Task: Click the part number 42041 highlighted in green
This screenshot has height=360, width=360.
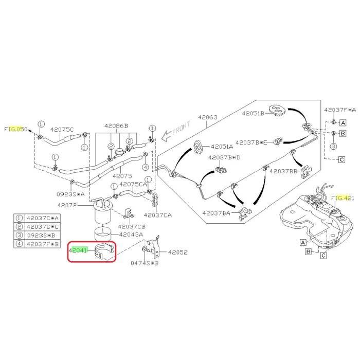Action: [x=79, y=250]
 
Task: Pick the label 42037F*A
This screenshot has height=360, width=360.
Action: [x=340, y=110]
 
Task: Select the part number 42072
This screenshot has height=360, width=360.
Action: [x=67, y=205]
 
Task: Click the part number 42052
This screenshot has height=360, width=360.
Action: [x=178, y=253]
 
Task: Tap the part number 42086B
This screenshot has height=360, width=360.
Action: [x=116, y=126]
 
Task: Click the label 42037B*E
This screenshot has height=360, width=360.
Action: [x=251, y=142]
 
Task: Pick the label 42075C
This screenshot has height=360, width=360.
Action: [x=61, y=129]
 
